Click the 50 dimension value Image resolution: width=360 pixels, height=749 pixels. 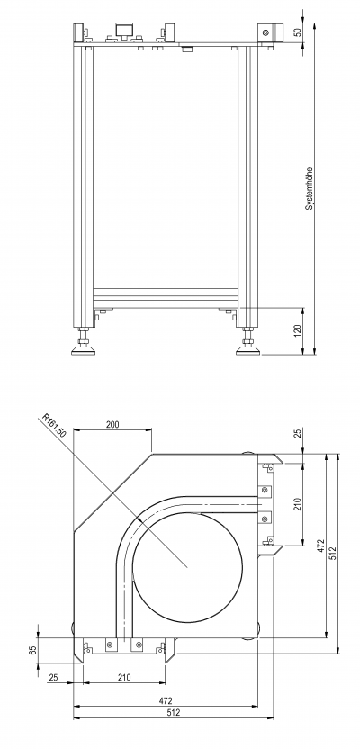pos(298,33)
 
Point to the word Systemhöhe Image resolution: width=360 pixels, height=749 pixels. pos(309,189)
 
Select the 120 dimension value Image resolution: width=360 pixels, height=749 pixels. pos(297,330)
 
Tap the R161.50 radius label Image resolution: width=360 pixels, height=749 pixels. pos(54,425)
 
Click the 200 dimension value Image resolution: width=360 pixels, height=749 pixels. pos(112,424)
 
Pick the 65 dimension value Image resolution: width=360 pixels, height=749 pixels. pos(33,650)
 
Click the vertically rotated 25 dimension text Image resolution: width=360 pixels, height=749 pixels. pos(298,434)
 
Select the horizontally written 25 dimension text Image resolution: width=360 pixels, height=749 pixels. pos(53,677)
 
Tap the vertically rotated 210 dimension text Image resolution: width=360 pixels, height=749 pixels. pos(297,504)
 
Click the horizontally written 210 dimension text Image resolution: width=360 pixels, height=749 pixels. pos(124,677)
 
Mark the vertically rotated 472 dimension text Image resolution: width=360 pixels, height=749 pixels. pos(320,546)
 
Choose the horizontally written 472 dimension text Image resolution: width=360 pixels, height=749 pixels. pos(166,701)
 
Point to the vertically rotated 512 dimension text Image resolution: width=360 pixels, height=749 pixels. pos(333,553)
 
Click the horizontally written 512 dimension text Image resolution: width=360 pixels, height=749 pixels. pos(174,713)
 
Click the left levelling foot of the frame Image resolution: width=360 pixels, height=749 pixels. pos(84,347)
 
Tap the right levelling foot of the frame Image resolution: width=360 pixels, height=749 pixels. pos(247,347)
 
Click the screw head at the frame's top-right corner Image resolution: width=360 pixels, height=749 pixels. pos(265,32)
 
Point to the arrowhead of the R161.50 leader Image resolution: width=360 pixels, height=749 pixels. pos(139,519)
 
